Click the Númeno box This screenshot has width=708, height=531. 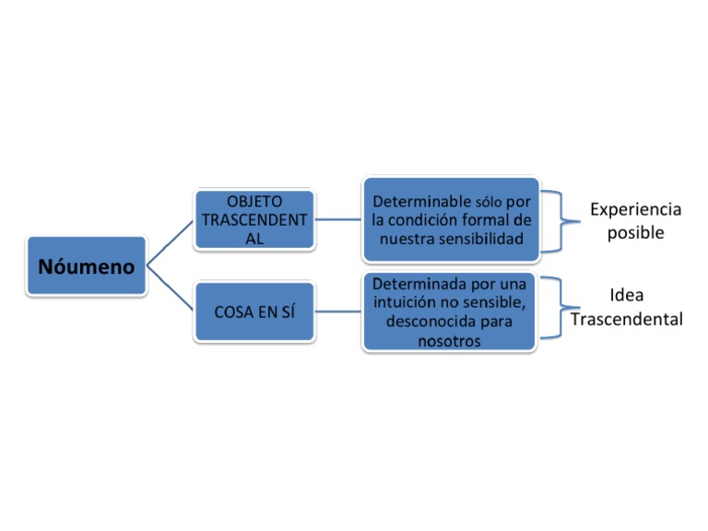87,266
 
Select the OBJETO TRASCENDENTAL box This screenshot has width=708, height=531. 254,219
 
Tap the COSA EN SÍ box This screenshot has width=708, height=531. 254,312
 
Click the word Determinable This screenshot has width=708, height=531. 420,201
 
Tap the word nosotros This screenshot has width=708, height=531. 449,341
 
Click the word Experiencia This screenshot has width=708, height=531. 635,209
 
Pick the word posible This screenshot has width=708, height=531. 635,232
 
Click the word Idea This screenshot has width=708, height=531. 627,296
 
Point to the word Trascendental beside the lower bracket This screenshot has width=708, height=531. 627,320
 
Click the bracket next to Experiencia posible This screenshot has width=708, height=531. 557,220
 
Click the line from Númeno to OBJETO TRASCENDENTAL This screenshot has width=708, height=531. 171,242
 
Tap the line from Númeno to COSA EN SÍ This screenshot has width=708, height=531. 171,289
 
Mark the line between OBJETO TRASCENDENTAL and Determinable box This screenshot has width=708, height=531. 338,220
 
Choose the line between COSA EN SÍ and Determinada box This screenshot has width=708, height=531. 338,313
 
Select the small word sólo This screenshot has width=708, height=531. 490,202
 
